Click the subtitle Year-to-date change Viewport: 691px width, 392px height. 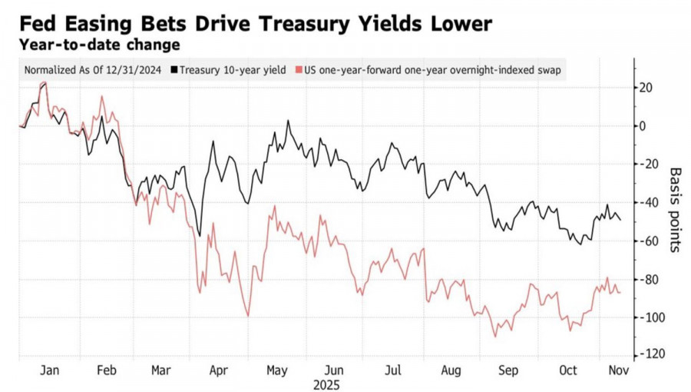click(x=99, y=45)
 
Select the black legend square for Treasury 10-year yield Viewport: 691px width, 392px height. click(x=175, y=70)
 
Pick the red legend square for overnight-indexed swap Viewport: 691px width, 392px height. click(x=299, y=70)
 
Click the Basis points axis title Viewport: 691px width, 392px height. click(x=676, y=209)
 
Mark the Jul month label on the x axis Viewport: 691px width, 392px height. click(x=393, y=370)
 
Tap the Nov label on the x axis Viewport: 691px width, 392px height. click(x=618, y=370)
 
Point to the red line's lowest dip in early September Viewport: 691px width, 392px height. click(x=494, y=336)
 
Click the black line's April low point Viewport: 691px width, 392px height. click(x=200, y=235)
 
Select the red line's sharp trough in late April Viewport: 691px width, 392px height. click(x=248, y=315)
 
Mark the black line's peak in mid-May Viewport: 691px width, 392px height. click(x=288, y=121)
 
